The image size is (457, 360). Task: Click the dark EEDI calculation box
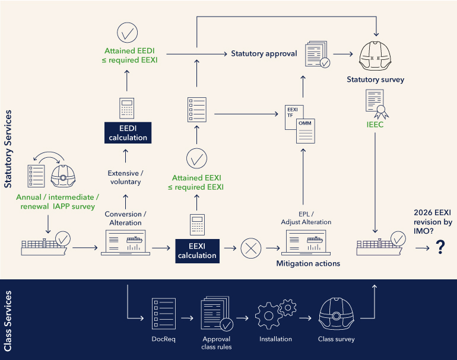[x=126, y=132]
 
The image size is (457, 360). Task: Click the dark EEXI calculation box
[x=197, y=251]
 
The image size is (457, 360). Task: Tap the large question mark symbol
[x=440, y=247]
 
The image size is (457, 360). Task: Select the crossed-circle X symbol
[x=250, y=247]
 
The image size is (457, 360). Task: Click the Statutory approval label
[x=264, y=54]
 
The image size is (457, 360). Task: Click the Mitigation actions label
[x=308, y=263]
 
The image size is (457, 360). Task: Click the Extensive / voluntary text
[x=125, y=177]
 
